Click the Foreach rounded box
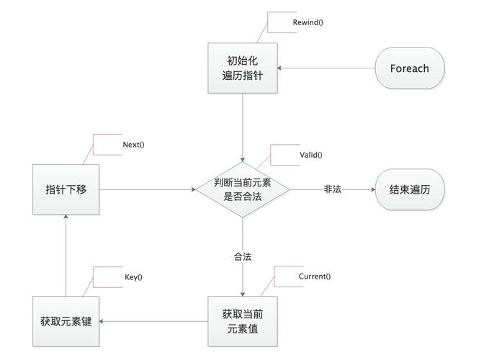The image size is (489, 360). click(409, 68)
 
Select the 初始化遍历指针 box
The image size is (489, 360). click(242, 68)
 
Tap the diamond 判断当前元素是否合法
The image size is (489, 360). click(242, 189)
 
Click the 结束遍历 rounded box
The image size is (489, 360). click(409, 189)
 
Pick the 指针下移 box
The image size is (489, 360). click(66, 189)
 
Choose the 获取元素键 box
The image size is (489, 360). click(66, 320)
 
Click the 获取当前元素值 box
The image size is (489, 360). click(242, 321)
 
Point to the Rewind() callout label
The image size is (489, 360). click(308, 22)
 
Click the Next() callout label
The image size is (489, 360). click(133, 145)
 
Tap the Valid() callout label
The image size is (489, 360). click(310, 155)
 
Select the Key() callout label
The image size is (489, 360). click(133, 277)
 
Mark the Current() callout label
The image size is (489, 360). click(314, 276)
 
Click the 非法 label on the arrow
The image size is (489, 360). click(332, 189)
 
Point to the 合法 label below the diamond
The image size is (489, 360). click(242, 257)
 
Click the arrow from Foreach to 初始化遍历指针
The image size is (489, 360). click(326, 68)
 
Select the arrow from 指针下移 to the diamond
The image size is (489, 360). click(148, 189)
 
